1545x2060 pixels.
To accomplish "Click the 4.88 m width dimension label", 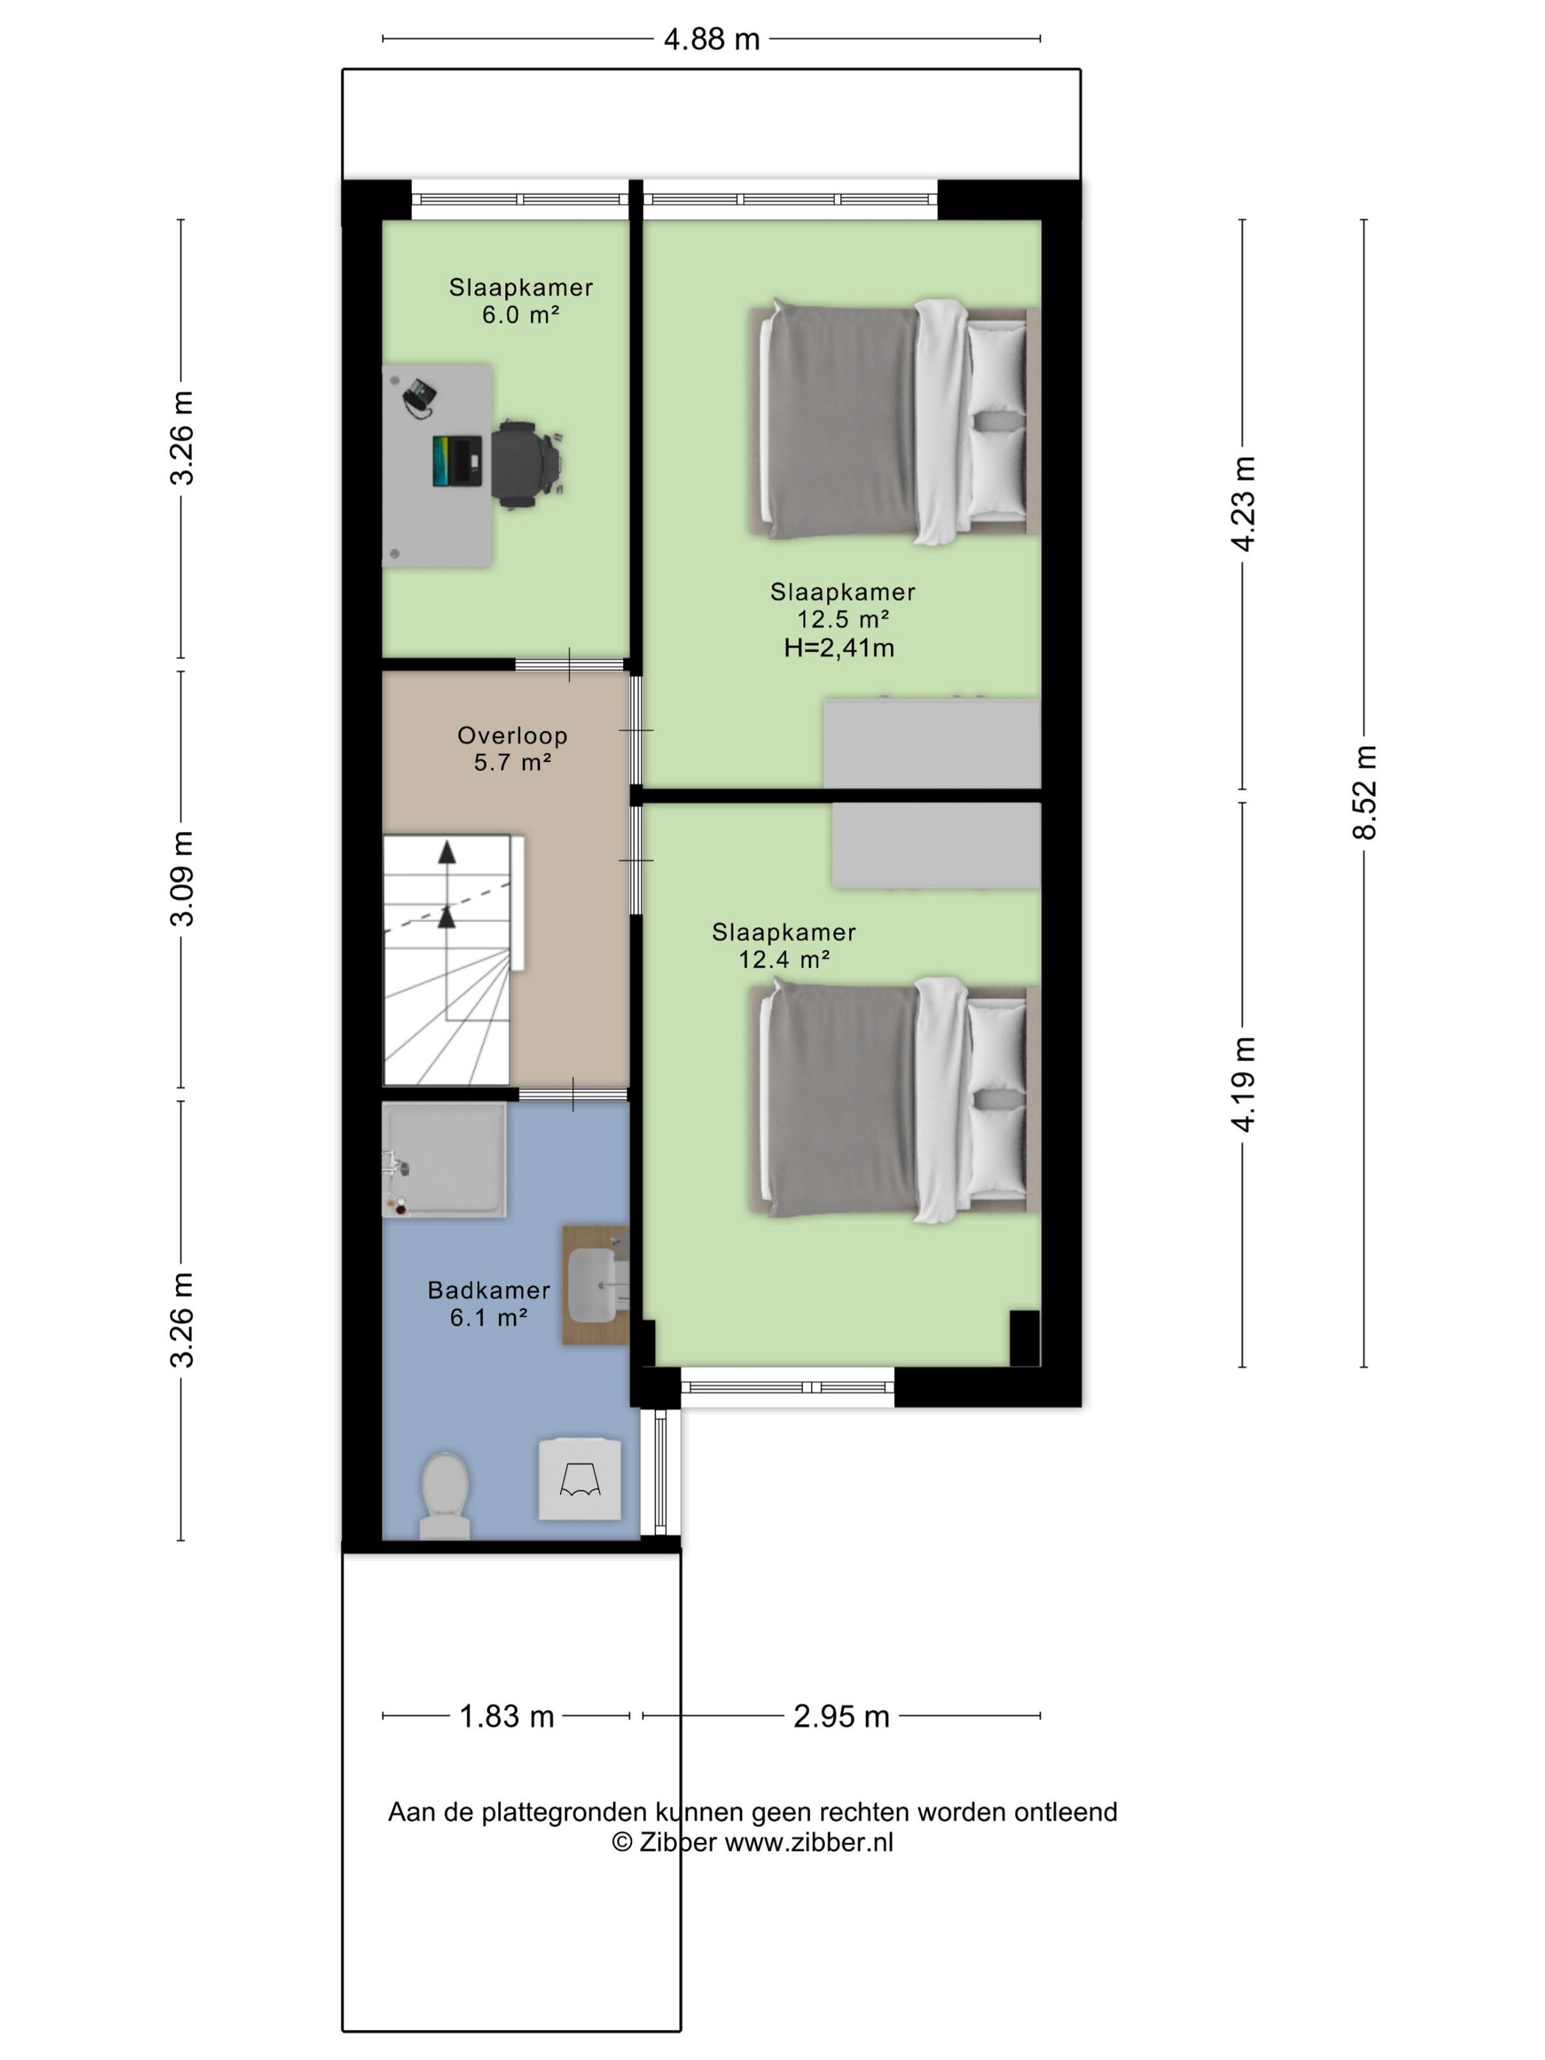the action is pyautogui.click(x=711, y=39).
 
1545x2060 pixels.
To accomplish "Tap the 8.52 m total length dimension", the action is pyautogui.click(x=1364, y=792).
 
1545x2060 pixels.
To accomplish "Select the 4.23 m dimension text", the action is pyautogui.click(x=1243, y=504).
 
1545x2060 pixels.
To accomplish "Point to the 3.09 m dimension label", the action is pyautogui.click(x=182, y=878).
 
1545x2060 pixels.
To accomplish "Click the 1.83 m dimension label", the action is pyautogui.click(x=507, y=1716).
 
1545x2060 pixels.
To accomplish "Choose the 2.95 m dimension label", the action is pyautogui.click(x=841, y=1716).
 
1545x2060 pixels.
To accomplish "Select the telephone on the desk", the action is pyautogui.click(x=419, y=398).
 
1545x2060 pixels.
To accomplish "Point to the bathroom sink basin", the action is pyautogui.click(x=592, y=1285).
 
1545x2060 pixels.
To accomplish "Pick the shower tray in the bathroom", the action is pyautogui.click(x=444, y=1159).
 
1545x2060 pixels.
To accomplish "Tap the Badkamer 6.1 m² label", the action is pyautogui.click(x=489, y=1303).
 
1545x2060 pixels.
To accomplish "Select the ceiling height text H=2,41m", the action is pyautogui.click(x=839, y=647).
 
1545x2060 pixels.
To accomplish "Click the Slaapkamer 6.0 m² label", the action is pyautogui.click(x=521, y=301).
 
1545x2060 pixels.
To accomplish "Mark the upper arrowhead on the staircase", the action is pyautogui.click(x=447, y=852).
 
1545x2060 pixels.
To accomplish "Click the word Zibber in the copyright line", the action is pyautogui.click(x=677, y=1842).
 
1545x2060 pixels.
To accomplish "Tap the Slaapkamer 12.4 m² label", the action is pyautogui.click(x=784, y=945).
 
